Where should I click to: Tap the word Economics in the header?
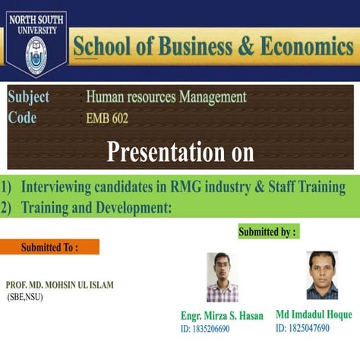[308, 46]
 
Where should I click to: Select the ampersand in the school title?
[248, 46]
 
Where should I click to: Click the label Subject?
[29, 97]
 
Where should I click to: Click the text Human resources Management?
[166, 97]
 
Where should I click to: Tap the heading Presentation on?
[180, 152]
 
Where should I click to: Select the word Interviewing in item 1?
[60, 187]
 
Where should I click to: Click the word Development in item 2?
[136, 207]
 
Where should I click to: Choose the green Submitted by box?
[268, 231]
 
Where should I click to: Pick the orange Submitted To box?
[49, 247]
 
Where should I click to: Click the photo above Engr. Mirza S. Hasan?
[222, 277]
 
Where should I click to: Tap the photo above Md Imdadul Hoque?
[322, 275]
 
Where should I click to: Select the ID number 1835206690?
[205, 329]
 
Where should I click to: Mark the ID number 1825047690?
[303, 328]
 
